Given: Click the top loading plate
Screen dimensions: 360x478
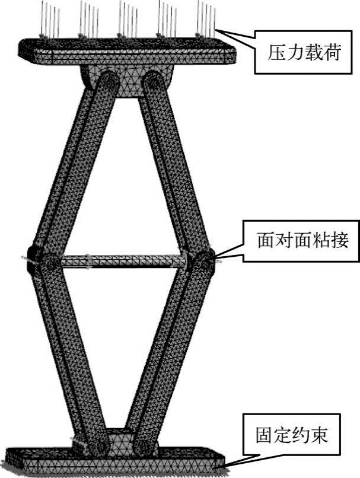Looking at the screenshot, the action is pyautogui.click(x=128, y=50).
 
